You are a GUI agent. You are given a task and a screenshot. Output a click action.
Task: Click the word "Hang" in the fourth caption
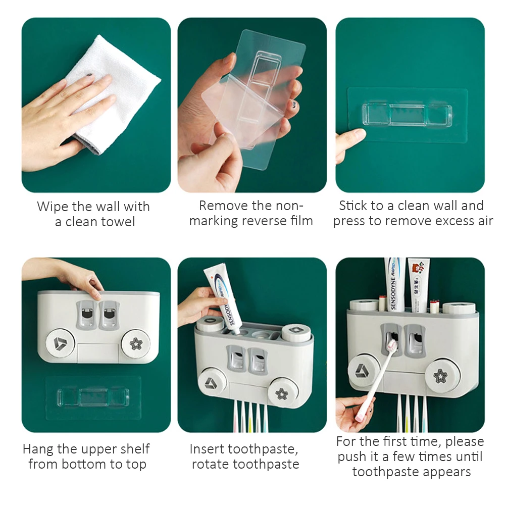click(x=38, y=449)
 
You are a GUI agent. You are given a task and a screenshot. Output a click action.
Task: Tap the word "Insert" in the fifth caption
click(x=207, y=449)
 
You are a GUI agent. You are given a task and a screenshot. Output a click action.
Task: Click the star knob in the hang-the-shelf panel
click(x=136, y=344)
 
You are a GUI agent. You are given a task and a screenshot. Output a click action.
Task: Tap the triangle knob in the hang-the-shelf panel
click(x=60, y=343)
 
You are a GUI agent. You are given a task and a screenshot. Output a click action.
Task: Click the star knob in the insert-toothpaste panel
click(x=282, y=393)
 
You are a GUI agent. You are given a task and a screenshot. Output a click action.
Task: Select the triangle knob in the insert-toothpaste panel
click(x=212, y=383)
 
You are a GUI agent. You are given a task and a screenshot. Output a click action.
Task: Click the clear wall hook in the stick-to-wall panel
click(x=407, y=115)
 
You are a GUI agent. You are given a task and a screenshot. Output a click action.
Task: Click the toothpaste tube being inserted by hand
click(x=222, y=299)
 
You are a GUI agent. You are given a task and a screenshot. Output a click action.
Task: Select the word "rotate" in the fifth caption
click(x=211, y=465)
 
